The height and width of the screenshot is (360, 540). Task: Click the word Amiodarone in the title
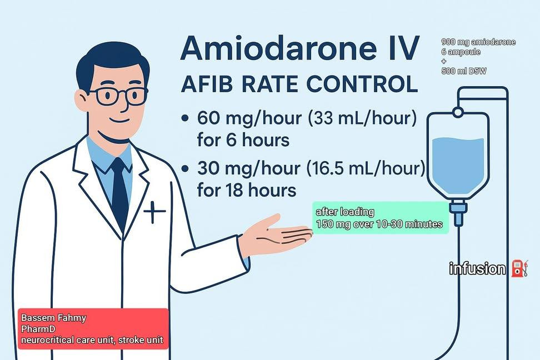(x=278, y=48)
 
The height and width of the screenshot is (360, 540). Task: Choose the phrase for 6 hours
(x=243, y=140)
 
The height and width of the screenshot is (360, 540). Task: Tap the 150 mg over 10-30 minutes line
(x=379, y=224)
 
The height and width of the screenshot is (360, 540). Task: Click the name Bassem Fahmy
(x=54, y=318)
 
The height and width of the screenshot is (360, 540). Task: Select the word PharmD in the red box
(x=38, y=329)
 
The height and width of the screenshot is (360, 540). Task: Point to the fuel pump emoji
(x=519, y=268)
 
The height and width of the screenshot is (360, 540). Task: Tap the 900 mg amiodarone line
(x=478, y=42)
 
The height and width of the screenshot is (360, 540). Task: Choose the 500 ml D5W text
(x=464, y=71)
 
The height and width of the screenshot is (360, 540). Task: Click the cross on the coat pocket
(x=154, y=211)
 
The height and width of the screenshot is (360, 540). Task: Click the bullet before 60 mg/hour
(x=185, y=119)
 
